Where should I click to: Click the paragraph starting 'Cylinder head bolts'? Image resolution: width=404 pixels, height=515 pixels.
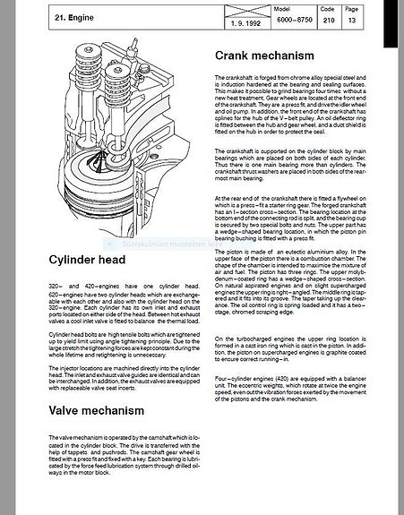(x=122, y=348)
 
